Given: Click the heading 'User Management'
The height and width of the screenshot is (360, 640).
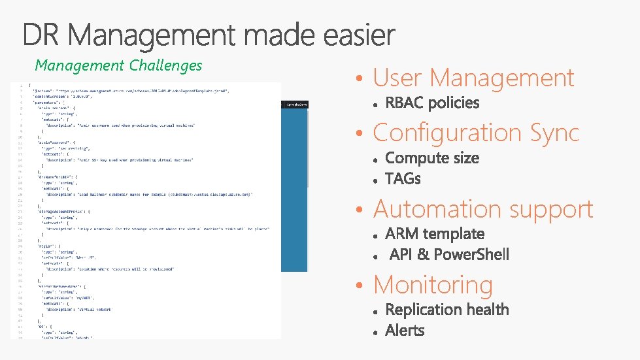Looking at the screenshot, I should tap(473, 78).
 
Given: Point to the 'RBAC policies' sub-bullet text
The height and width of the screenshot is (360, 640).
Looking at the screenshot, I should tap(432, 103).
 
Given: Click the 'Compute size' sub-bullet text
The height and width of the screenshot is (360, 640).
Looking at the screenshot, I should tap(432, 158).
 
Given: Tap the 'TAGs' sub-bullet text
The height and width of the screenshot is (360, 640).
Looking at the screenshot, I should tap(403, 179).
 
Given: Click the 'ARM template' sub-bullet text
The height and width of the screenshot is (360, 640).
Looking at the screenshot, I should tap(435, 234).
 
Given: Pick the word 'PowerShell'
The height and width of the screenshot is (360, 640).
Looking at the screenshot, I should tap(471, 255).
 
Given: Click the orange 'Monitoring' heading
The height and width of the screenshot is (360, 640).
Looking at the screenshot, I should tap(433, 285).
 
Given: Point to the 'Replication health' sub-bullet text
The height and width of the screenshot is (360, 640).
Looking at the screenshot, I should tap(447, 310).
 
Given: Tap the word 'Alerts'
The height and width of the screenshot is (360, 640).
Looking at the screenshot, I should tap(405, 331).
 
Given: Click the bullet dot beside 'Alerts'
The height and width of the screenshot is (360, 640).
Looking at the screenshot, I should tap(376, 332).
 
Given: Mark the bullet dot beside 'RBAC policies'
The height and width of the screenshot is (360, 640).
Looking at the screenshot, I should tap(376, 105).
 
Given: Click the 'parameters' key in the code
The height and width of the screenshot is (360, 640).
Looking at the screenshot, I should tap(47, 103).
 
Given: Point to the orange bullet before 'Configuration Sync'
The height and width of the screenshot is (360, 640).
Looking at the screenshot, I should tap(359, 134).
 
